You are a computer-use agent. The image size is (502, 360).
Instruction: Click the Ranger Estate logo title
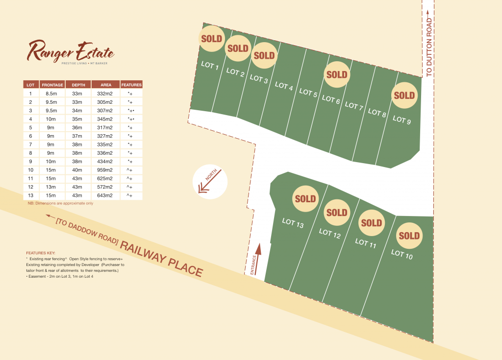tap(71, 50)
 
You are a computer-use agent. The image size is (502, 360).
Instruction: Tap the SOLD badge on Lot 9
tap(404, 96)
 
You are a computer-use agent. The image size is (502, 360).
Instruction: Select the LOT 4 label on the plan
tap(284, 86)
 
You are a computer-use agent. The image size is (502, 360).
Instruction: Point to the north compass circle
tap(210, 182)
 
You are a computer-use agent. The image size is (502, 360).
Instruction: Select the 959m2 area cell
tap(106, 169)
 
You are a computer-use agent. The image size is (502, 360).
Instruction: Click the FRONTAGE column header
tap(52, 85)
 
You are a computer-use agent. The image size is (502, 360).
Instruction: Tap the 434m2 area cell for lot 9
tap(106, 161)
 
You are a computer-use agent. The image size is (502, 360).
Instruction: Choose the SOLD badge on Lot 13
tap(305, 199)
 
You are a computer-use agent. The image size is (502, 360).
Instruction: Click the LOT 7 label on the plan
tap(354, 105)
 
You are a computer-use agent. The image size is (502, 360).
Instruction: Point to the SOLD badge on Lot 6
tap(336, 75)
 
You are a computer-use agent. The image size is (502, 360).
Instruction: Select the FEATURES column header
tap(131, 85)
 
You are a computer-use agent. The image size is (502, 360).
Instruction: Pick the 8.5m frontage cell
tap(52, 93)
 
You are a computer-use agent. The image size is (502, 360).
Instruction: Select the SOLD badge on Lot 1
tap(212, 39)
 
